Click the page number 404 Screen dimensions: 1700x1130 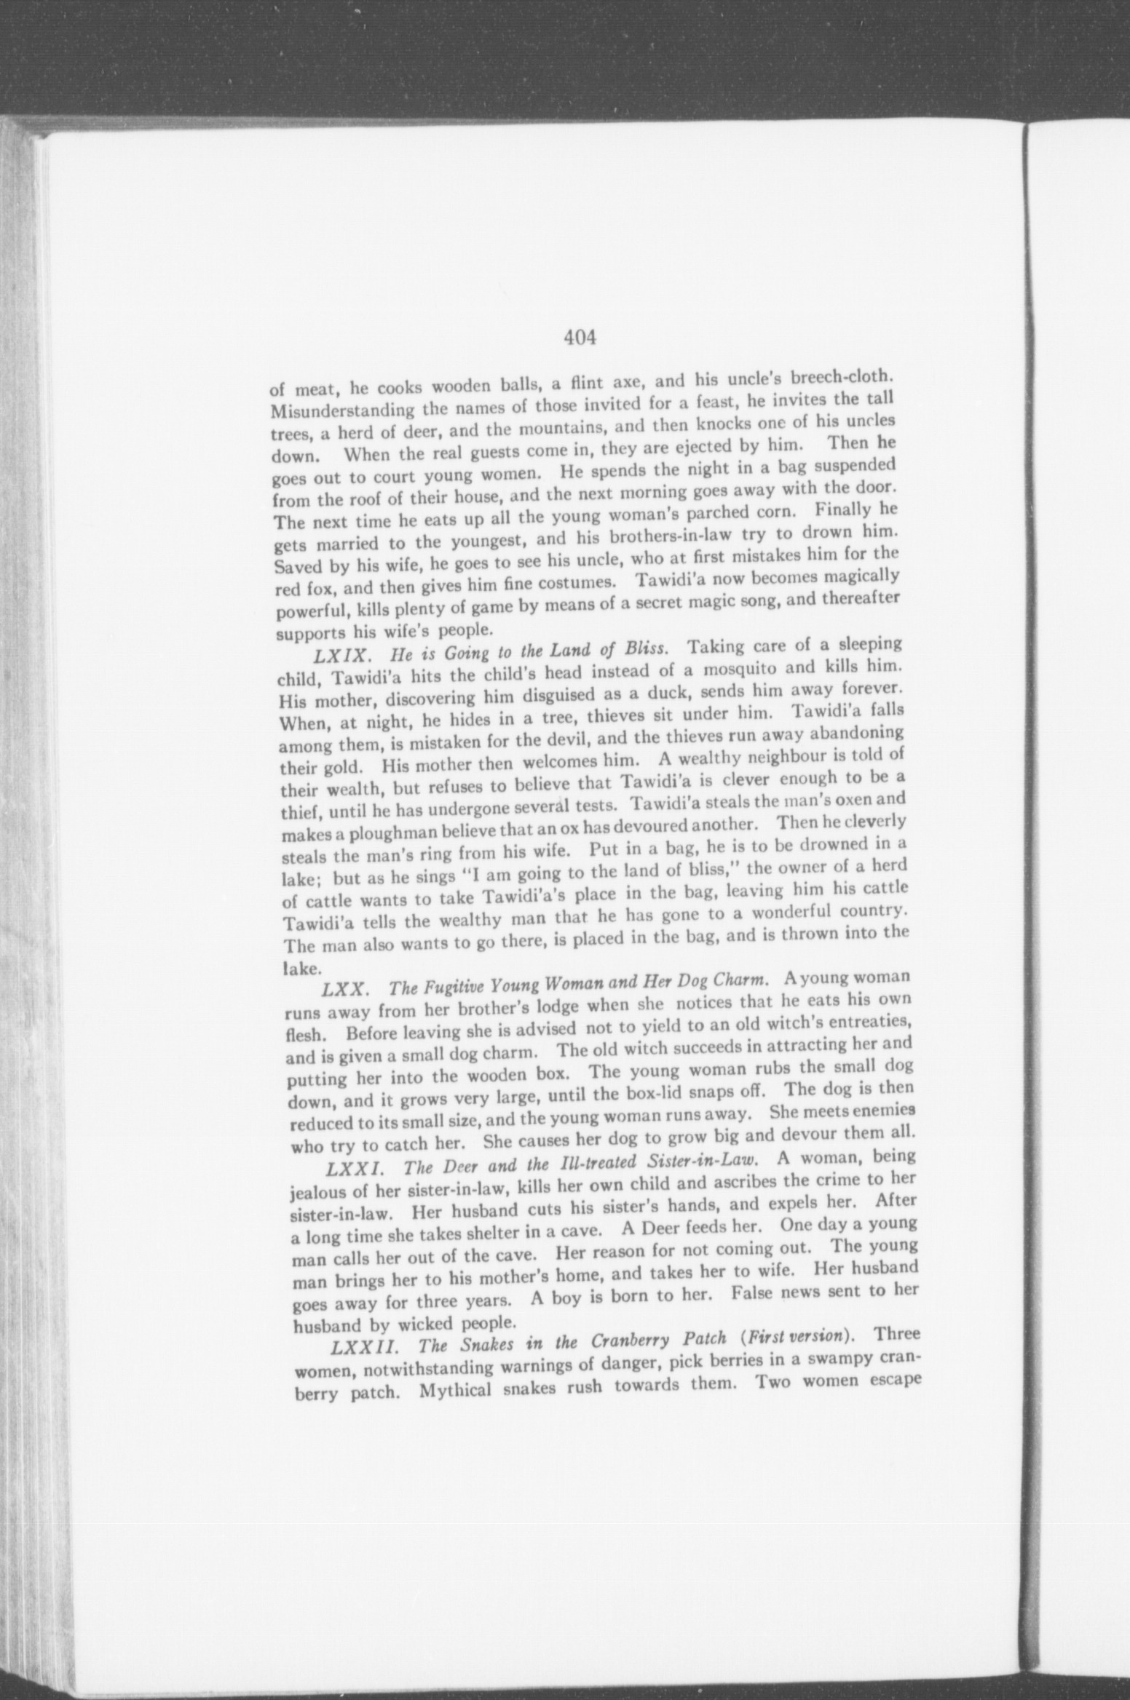point(580,337)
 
